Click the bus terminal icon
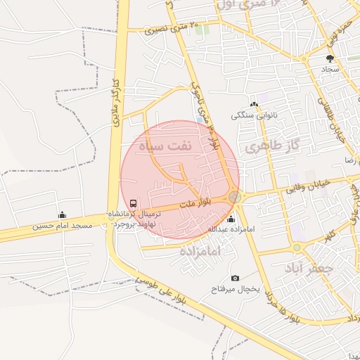(134, 203)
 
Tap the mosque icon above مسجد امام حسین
(62, 214)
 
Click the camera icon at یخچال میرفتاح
(235, 278)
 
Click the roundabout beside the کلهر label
(297, 247)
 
